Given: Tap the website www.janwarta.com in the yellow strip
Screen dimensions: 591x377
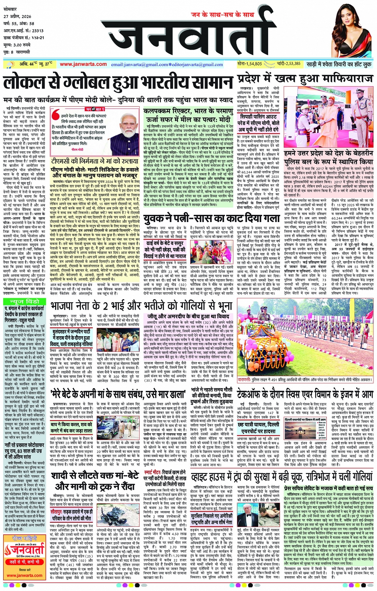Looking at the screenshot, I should (83, 64).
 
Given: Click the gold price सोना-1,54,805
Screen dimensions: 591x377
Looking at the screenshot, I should (250, 64).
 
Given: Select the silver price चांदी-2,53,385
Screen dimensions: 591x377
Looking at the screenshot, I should (288, 64).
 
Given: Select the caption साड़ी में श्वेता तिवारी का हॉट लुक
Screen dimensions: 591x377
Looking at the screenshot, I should (339, 64).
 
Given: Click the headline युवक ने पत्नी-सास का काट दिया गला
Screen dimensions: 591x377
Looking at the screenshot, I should (212, 218).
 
